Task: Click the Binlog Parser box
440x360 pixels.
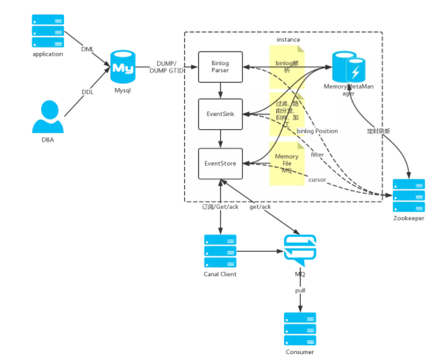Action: [x=220, y=67]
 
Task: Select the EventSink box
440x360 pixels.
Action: [x=220, y=113]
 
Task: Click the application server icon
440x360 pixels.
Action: [x=48, y=31]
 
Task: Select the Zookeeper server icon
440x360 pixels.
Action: [x=409, y=194]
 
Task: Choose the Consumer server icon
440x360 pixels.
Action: [x=300, y=329]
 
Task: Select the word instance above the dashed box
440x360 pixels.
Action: [x=288, y=40]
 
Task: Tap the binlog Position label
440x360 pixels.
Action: [x=317, y=131]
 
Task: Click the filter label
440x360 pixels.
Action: [x=317, y=155]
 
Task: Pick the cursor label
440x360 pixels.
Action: [x=317, y=179]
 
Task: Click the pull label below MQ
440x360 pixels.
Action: [x=300, y=290]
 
